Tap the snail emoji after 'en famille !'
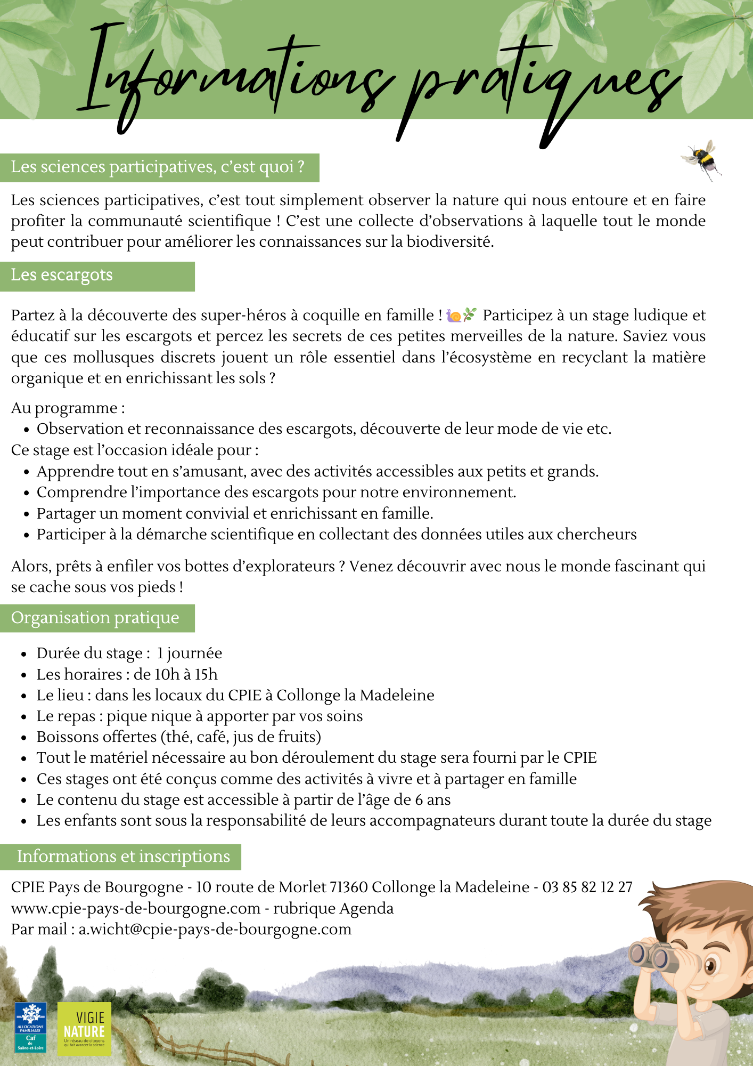454,316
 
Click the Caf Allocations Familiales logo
30,1028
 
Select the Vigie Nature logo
84,1028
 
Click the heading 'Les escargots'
62,275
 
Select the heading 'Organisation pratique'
95,618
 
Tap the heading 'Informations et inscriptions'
123,857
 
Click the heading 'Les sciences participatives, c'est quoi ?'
158,167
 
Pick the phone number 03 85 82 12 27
587,887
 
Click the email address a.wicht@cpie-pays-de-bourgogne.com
215,930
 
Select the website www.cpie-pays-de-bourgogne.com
136,909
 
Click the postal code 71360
349,887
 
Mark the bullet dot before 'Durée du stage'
24,655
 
